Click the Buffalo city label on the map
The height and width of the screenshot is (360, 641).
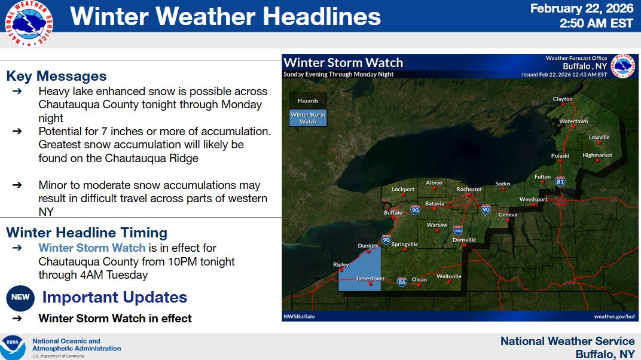393,212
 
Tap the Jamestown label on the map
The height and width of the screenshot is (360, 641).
370,279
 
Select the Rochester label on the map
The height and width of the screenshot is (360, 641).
469,189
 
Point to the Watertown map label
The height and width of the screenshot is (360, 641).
573,121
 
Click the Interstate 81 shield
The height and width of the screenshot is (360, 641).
560,181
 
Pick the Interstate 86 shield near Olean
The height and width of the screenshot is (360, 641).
402,282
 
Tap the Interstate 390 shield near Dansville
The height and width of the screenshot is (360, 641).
458,230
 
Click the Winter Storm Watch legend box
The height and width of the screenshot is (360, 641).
308,118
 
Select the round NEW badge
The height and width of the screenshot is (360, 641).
20,298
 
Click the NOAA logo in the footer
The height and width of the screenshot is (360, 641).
13,347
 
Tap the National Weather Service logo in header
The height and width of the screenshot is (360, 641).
29,24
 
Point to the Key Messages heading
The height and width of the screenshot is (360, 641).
56,76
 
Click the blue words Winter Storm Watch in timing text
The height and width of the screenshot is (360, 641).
92,248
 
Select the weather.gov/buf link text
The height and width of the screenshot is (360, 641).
615,317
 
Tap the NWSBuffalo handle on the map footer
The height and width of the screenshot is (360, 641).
299,317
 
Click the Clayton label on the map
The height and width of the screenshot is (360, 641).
563,99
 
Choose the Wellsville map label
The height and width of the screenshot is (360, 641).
449,276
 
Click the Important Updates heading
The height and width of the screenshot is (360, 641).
114,297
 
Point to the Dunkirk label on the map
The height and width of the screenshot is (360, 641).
368,246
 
